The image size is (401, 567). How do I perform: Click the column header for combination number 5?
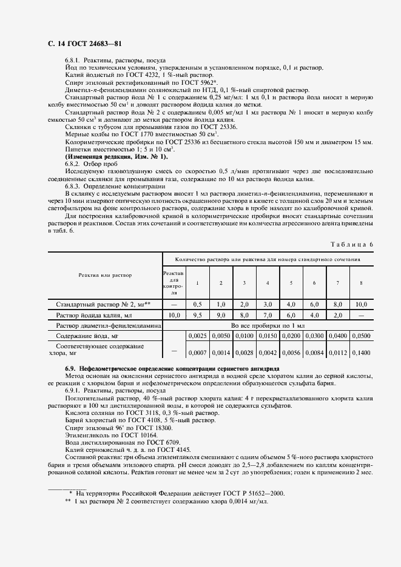(291, 283)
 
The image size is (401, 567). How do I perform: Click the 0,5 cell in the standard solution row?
(197, 304)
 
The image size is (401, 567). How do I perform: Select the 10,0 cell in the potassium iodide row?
(174, 315)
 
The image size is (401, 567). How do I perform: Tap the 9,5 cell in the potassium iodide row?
(197, 315)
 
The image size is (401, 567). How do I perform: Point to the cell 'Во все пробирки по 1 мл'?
(267, 325)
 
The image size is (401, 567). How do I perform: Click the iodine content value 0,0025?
(197, 336)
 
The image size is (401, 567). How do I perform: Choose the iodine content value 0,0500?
(362, 336)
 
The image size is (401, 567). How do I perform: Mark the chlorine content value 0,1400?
(362, 352)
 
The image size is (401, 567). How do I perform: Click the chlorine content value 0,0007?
(197, 352)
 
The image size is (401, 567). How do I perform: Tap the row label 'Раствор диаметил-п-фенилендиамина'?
(108, 325)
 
